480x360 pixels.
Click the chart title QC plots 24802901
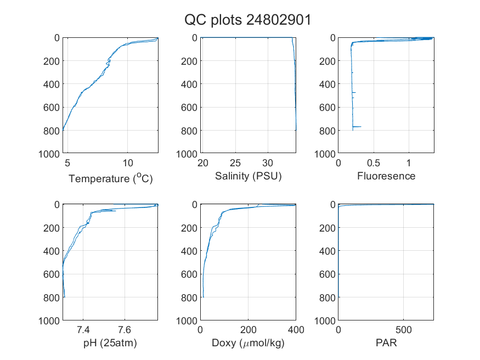[x=247, y=20]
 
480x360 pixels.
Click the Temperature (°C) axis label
[x=110, y=178]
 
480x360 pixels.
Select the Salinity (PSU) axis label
[x=249, y=176]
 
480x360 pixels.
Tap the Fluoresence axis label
[x=386, y=176]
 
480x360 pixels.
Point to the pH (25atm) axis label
[x=110, y=343]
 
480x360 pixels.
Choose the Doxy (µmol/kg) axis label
[x=249, y=343]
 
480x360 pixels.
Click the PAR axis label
[x=386, y=342]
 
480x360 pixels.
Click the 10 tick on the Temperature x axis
[x=128, y=163]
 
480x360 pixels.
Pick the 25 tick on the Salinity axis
[x=235, y=163]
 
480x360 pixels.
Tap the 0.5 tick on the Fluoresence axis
[x=374, y=163]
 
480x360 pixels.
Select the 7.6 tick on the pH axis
[x=125, y=330]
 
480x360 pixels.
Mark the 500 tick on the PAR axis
[x=403, y=330]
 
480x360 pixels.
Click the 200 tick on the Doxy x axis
[x=249, y=330]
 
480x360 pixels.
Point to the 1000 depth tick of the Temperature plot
[x=49, y=154]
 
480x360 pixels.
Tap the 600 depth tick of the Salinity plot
[x=189, y=108]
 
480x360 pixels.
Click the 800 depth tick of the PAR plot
[x=327, y=297]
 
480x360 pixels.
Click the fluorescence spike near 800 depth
[x=357, y=126]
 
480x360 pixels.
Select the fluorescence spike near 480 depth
[x=354, y=92]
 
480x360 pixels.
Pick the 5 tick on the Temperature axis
[x=67, y=163]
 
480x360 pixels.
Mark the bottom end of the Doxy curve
[x=204, y=297]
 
